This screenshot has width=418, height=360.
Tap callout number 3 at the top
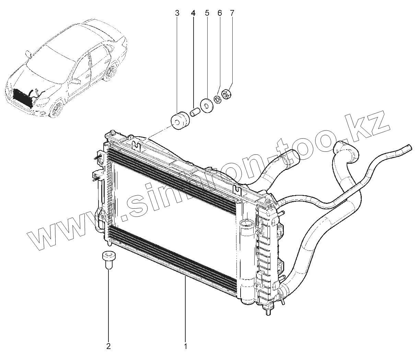[177, 13]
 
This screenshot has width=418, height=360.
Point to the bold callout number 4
[193, 13]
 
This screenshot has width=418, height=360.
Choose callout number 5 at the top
[207, 13]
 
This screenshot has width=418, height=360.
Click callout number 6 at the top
[220, 13]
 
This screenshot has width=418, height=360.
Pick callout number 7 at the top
[232, 13]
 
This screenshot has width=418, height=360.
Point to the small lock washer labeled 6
[217, 99]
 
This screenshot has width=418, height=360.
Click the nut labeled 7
[227, 94]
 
